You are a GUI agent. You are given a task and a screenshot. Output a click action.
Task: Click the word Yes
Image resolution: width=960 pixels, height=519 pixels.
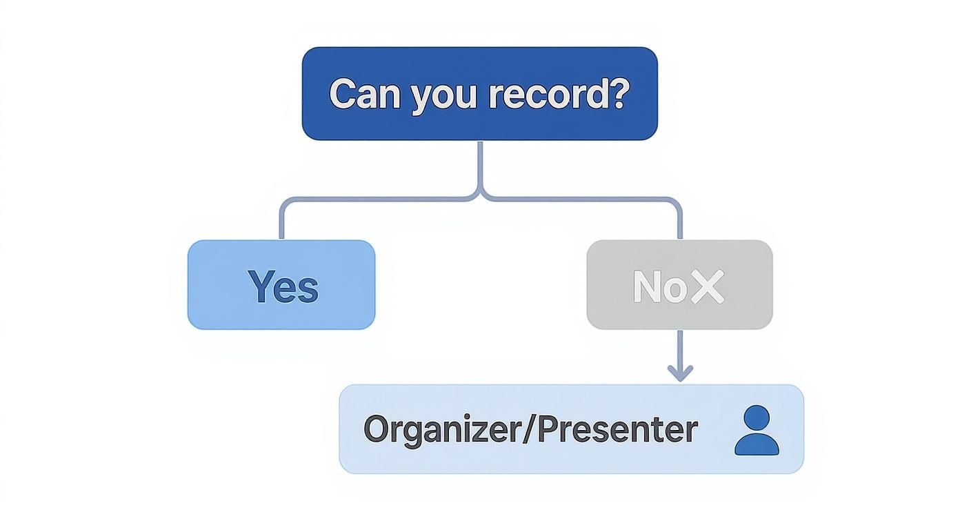283,286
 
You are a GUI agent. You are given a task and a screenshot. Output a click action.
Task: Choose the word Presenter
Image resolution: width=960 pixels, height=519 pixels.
617,429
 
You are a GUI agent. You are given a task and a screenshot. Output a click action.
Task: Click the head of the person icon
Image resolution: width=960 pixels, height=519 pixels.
757,418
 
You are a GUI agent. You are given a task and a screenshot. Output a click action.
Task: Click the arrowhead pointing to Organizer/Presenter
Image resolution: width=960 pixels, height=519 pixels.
680,373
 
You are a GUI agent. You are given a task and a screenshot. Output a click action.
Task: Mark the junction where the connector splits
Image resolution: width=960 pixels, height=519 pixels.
480,196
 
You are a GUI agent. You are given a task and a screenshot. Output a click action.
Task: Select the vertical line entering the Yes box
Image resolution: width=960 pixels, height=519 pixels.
281,222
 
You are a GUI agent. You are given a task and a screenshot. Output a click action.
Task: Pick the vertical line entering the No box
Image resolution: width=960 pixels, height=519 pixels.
680,222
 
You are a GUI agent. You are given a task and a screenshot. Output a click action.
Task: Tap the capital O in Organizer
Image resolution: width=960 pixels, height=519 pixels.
376,429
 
